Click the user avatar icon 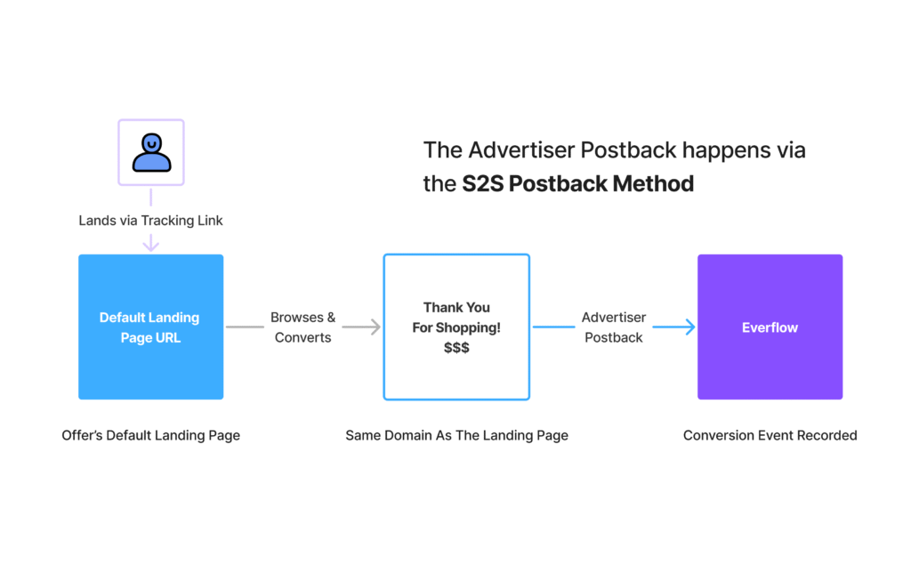(x=151, y=152)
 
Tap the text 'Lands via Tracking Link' (x=150, y=220)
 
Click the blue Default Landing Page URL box (x=150, y=327)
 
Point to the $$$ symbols (x=456, y=348)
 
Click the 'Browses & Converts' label (x=302, y=327)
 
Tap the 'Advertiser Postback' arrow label (x=613, y=327)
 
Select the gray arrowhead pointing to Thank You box (x=375, y=327)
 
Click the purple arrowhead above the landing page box (x=151, y=244)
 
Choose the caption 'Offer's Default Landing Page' (x=150, y=435)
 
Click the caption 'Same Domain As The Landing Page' (x=456, y=435)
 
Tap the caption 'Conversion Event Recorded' (x=770, y=435)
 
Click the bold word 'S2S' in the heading (x=482, y=184)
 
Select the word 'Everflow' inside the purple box (x=770, y=327)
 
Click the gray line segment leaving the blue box (x=245, y=327)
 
